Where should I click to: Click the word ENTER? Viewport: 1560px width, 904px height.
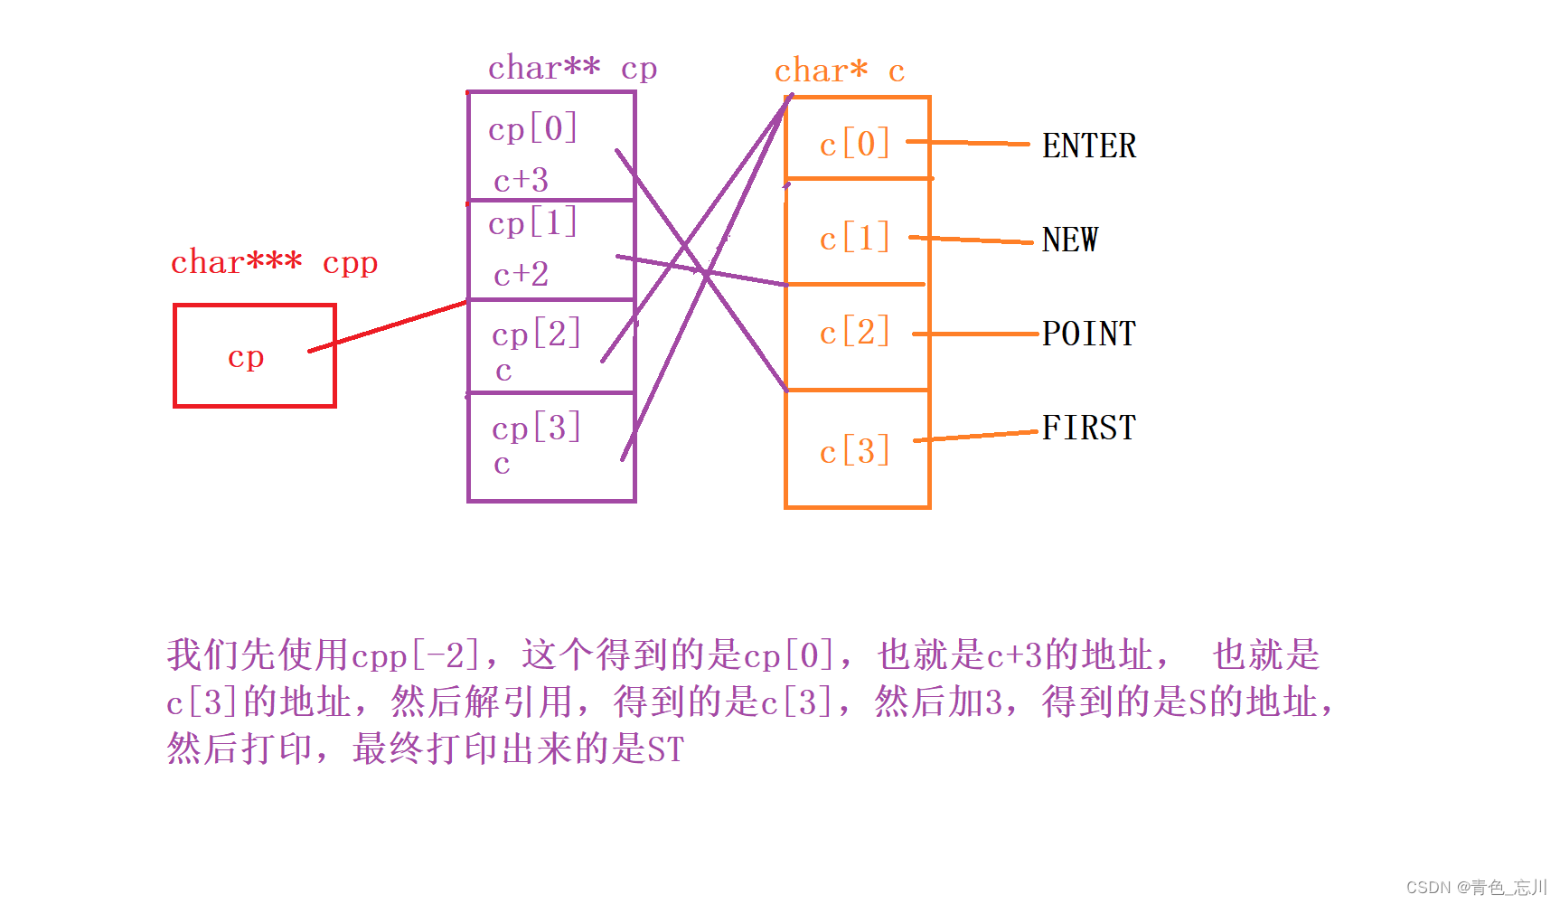(1088, 146)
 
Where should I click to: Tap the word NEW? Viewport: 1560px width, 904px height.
(1069, 240)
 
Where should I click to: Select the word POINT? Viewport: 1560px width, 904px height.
(1088, 334)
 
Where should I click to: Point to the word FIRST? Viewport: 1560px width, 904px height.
(1088, 428)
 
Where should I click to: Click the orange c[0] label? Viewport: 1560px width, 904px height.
(854, 144)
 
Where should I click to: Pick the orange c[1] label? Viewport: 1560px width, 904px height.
(854, 238)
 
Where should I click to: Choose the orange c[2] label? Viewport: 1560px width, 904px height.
(854, 332)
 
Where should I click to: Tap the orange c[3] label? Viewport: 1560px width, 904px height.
(854, 450)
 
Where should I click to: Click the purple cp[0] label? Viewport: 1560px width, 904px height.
(532, 128)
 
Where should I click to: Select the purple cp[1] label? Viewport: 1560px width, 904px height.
(532, 222)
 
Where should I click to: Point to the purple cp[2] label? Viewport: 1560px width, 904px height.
(536, 334)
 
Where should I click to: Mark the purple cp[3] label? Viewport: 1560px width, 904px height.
(536, 428)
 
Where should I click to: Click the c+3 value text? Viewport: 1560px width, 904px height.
(521, 180)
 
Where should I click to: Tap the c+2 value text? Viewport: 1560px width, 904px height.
(521, 274)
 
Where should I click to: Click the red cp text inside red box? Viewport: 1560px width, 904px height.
(246, 357)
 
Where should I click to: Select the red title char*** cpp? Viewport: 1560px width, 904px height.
(274, 262)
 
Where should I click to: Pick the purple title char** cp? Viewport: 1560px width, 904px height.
(572, 68)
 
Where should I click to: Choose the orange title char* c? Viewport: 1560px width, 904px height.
(839, 71)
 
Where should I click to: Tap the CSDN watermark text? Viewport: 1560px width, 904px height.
(1476, 887)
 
